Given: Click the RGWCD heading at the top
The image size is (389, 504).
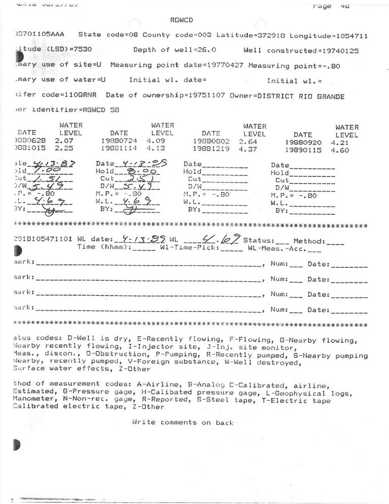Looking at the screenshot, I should [x=182, y=20].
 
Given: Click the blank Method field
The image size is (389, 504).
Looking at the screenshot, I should [x=335, y=242].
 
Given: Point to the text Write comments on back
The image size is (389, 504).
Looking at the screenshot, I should [x=183, y=422].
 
